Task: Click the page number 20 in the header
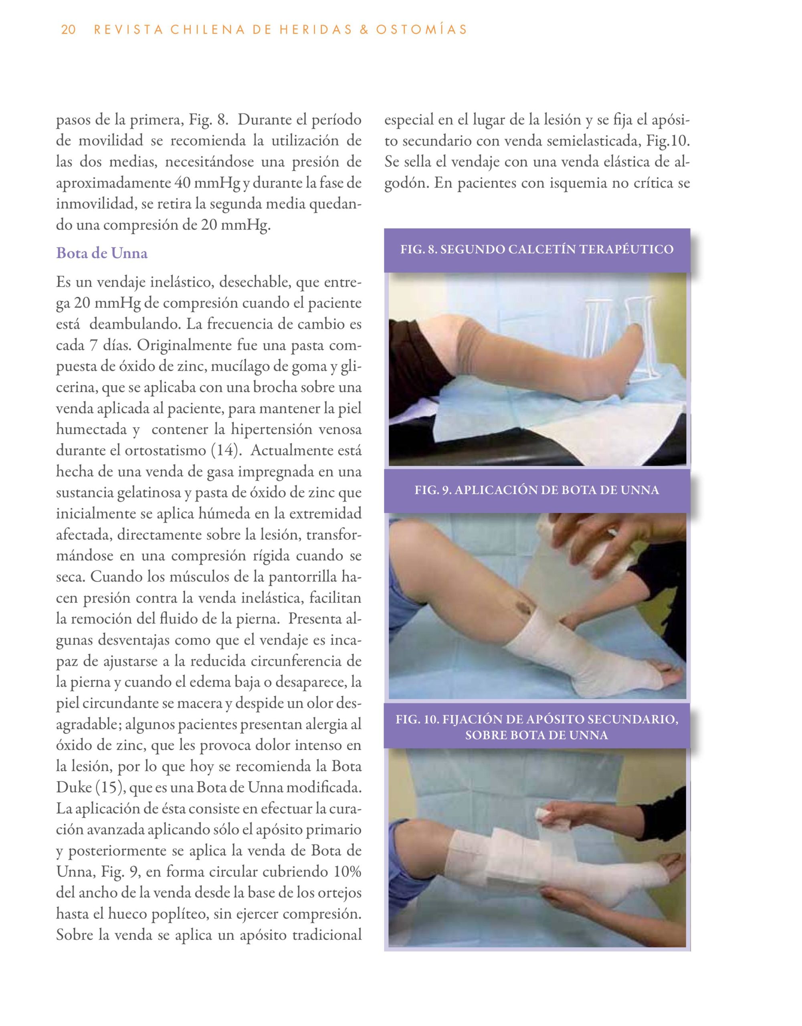(68, 30)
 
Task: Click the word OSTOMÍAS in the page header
(428, 30)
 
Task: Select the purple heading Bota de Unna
(101, 253)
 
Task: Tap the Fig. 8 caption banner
(537, 249)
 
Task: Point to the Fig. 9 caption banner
(537, 491)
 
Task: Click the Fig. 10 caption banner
(537, 727)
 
